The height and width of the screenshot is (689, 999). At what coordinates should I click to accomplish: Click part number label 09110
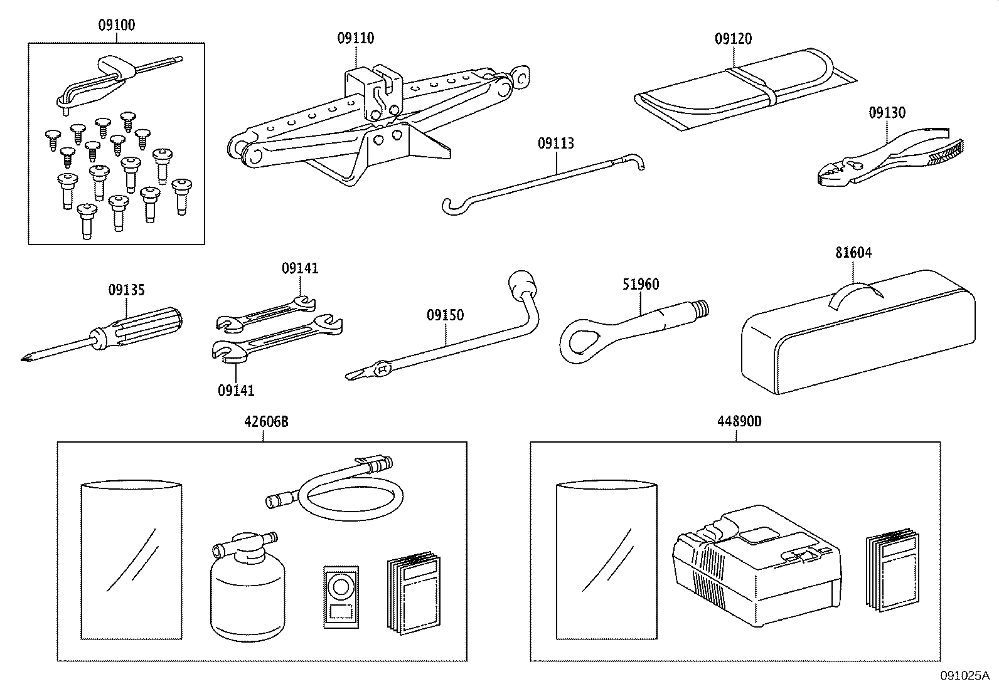[x=355, y=38]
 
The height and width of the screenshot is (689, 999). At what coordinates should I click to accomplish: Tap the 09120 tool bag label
[x=733, y=39]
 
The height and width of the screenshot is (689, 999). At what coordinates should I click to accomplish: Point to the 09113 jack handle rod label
[x=555, y=144]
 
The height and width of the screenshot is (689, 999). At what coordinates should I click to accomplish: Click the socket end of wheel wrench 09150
[x=522, y=285]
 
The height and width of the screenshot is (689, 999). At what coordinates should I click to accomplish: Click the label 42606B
[x=266, y=421]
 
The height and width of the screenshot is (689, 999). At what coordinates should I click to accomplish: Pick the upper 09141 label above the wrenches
[x=300, y=268]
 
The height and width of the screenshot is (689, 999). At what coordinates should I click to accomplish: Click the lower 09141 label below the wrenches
[x=236, y=391]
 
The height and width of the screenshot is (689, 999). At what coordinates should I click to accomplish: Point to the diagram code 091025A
[x=964, y=675]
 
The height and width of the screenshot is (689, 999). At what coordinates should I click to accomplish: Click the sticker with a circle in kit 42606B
[x=341, y=596]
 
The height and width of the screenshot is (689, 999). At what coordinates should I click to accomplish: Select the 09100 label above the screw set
[x=117, y=26]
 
